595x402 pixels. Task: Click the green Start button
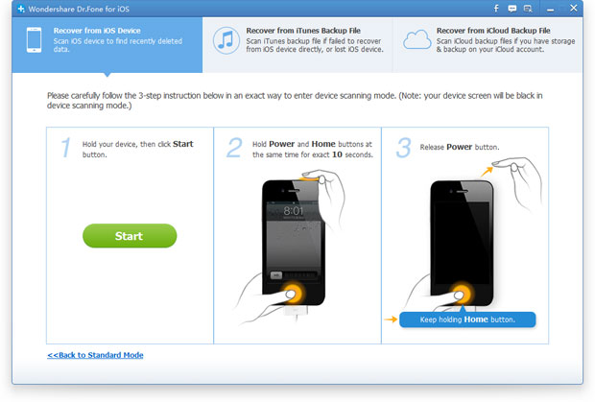[130, 235]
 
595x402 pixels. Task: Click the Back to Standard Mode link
[95, 355]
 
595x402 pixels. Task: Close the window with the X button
[573, 8]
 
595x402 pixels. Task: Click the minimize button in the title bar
[550, 9]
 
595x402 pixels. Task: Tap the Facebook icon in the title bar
[496, 9]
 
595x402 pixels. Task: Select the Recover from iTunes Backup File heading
[303, 31]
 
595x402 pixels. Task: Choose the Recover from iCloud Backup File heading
[493, 31]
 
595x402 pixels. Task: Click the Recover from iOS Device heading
[97, 31]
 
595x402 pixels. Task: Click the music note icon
[226, 40]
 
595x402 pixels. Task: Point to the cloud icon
[417, 40]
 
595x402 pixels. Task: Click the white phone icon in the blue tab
[34, 40]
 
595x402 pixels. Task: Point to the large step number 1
[66, 147]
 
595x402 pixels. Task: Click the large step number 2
[234, 148]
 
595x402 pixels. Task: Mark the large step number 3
[403, 148]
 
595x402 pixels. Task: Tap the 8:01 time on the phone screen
[294, 211]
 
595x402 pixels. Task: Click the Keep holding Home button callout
[467, 319]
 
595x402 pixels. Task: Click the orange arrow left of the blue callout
[391, 319]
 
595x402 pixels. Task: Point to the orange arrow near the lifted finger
[487, 172]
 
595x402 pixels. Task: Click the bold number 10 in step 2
[337, 154]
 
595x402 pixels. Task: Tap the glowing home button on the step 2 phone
[291, 294]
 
